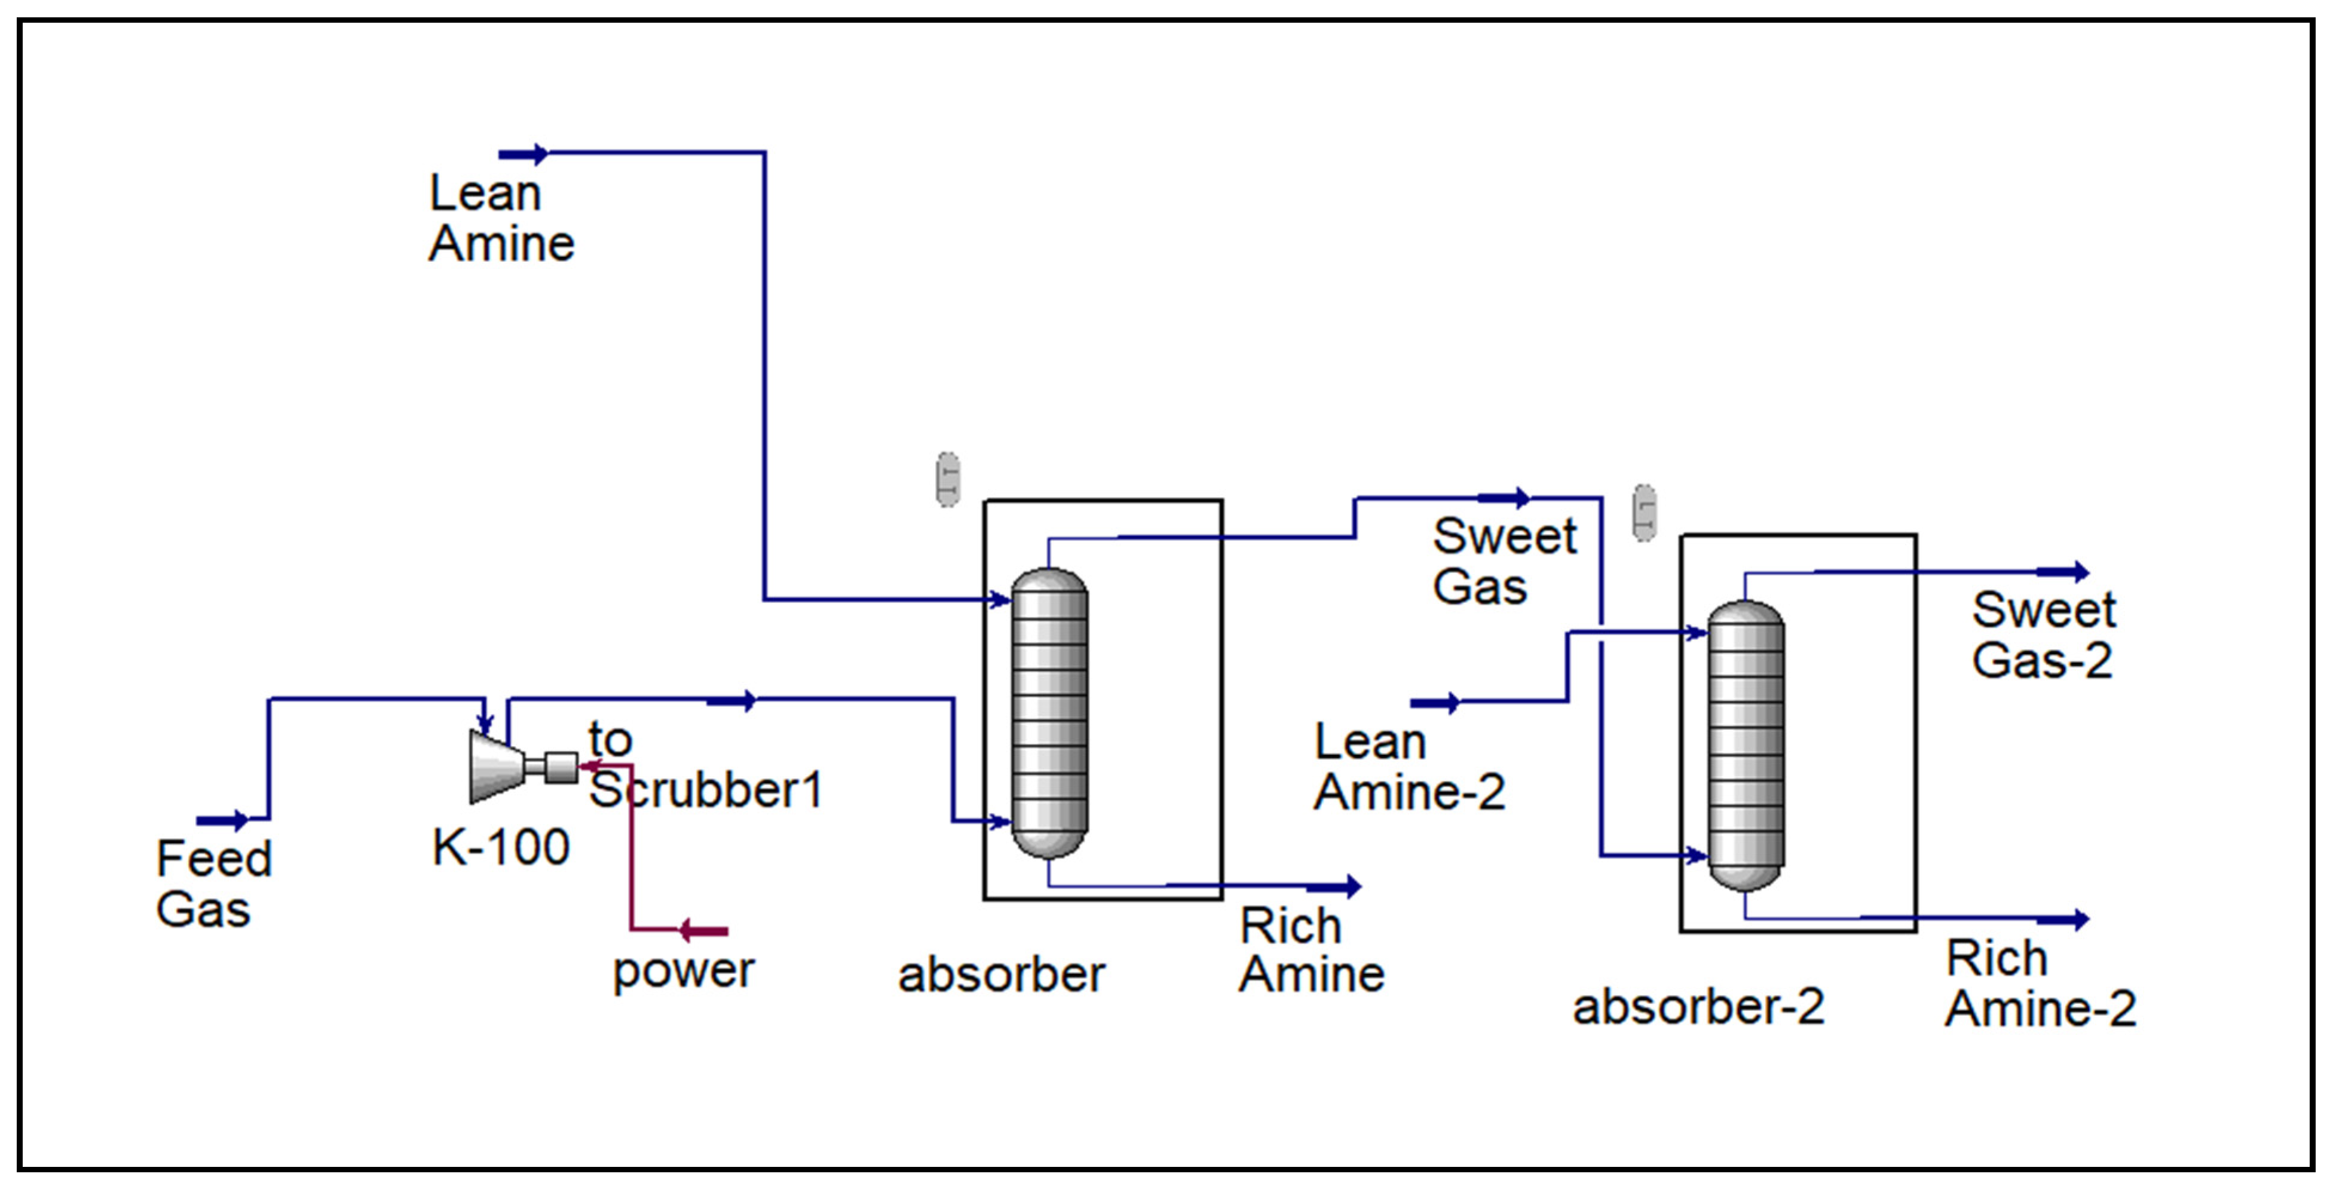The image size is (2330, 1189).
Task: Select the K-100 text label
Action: [x=500, y=847]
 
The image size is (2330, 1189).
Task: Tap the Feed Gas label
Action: [x=213, y=884]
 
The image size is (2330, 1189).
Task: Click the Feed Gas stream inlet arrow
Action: [x=222, y=820]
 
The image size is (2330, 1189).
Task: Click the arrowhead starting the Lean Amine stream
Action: [x=523, y=155]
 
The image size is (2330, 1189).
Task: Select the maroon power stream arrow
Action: [x=704, y=930]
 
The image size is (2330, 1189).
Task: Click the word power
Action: [x=683, y=971]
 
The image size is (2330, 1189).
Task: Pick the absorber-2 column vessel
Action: [x=1745, y=745]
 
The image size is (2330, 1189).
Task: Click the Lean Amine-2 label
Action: [x=1409, y=767]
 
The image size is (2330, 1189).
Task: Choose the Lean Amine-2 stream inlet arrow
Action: [x=1435, y=703]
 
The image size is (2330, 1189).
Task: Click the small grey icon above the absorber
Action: [x=947, y=479]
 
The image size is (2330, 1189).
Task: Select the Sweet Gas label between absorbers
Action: [x=1504, y=562]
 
